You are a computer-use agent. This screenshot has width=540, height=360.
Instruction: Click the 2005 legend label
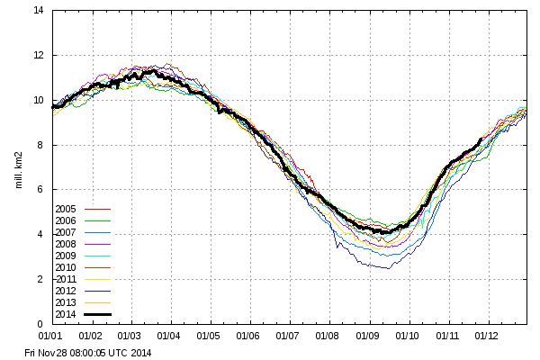coord(67,209)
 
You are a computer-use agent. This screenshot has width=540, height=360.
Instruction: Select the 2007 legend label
coord(67,232)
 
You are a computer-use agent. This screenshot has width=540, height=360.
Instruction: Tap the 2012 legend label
coord(67,291)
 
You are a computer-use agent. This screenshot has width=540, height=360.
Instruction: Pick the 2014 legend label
coord(67,314)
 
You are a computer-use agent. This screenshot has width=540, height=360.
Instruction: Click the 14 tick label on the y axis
coord(39,11)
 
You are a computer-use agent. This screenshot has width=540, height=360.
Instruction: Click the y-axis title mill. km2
coord(17,166)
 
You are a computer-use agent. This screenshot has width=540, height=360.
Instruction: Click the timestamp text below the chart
coord(88,352)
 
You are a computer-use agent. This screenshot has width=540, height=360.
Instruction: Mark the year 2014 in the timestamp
coord(140,352)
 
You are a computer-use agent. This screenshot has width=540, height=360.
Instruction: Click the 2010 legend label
coord(67,267)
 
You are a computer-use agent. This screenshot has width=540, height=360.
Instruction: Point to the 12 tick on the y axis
coord(39,56)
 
